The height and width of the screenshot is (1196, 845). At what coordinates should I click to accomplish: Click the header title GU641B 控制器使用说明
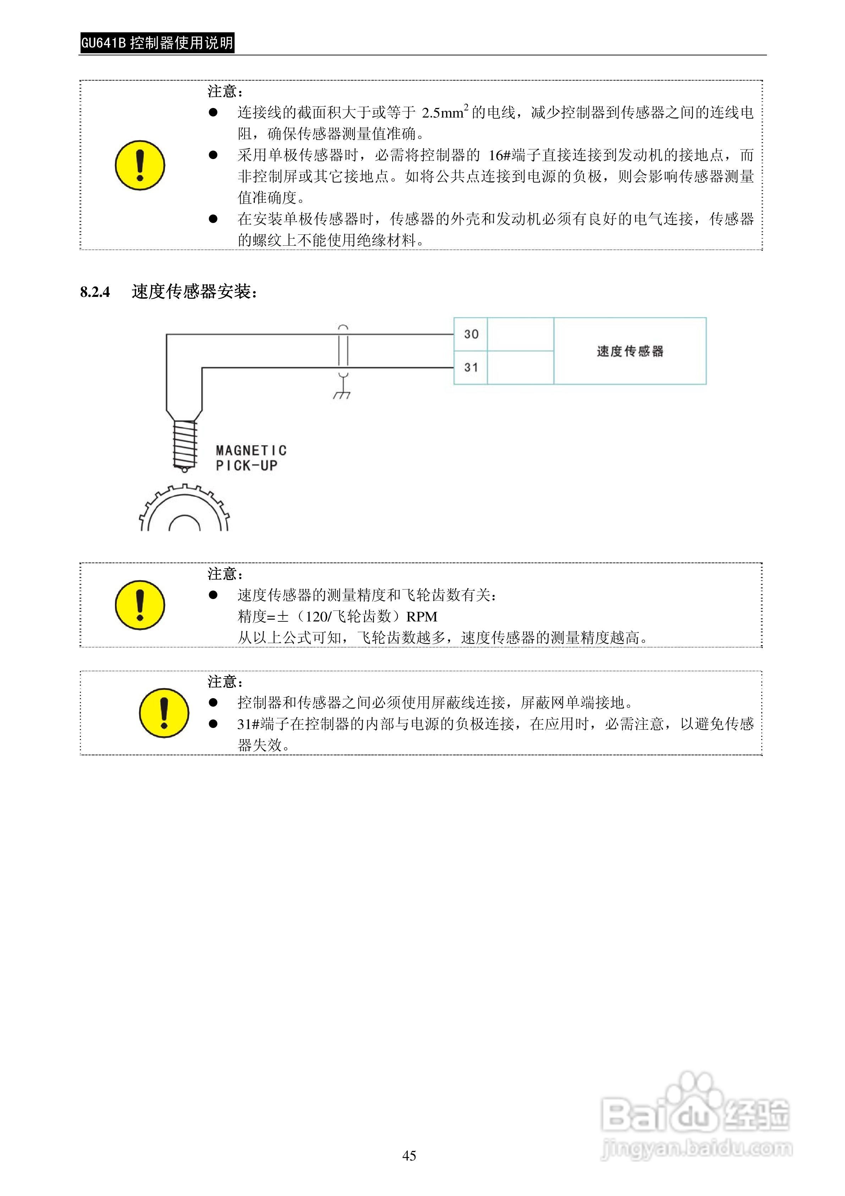(x=157, y=43)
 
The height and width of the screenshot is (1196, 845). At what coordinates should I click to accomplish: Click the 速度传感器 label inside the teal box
(x=630, y=351)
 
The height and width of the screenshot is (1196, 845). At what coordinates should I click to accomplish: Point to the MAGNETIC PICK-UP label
(x=251, y=457)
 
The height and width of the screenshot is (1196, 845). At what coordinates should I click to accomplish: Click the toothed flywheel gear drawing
(x=184, y=510)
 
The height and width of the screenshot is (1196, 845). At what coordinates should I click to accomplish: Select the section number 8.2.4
(x=95, y=292)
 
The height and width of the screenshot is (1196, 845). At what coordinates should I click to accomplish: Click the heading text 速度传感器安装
(x=194, y=292)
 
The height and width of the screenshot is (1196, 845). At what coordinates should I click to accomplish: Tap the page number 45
(x=409, y=1156)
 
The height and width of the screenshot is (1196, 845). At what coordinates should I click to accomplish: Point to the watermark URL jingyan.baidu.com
(x=697, y=1148)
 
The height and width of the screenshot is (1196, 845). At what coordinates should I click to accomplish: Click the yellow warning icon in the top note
(x=139, y=165)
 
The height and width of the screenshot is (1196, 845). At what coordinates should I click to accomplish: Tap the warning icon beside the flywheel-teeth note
(x=139, y=605)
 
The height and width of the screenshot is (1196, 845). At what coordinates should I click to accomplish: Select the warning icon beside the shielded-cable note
(x=164, y=713)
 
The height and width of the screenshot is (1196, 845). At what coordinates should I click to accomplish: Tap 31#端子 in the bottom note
(x=263, y=724)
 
